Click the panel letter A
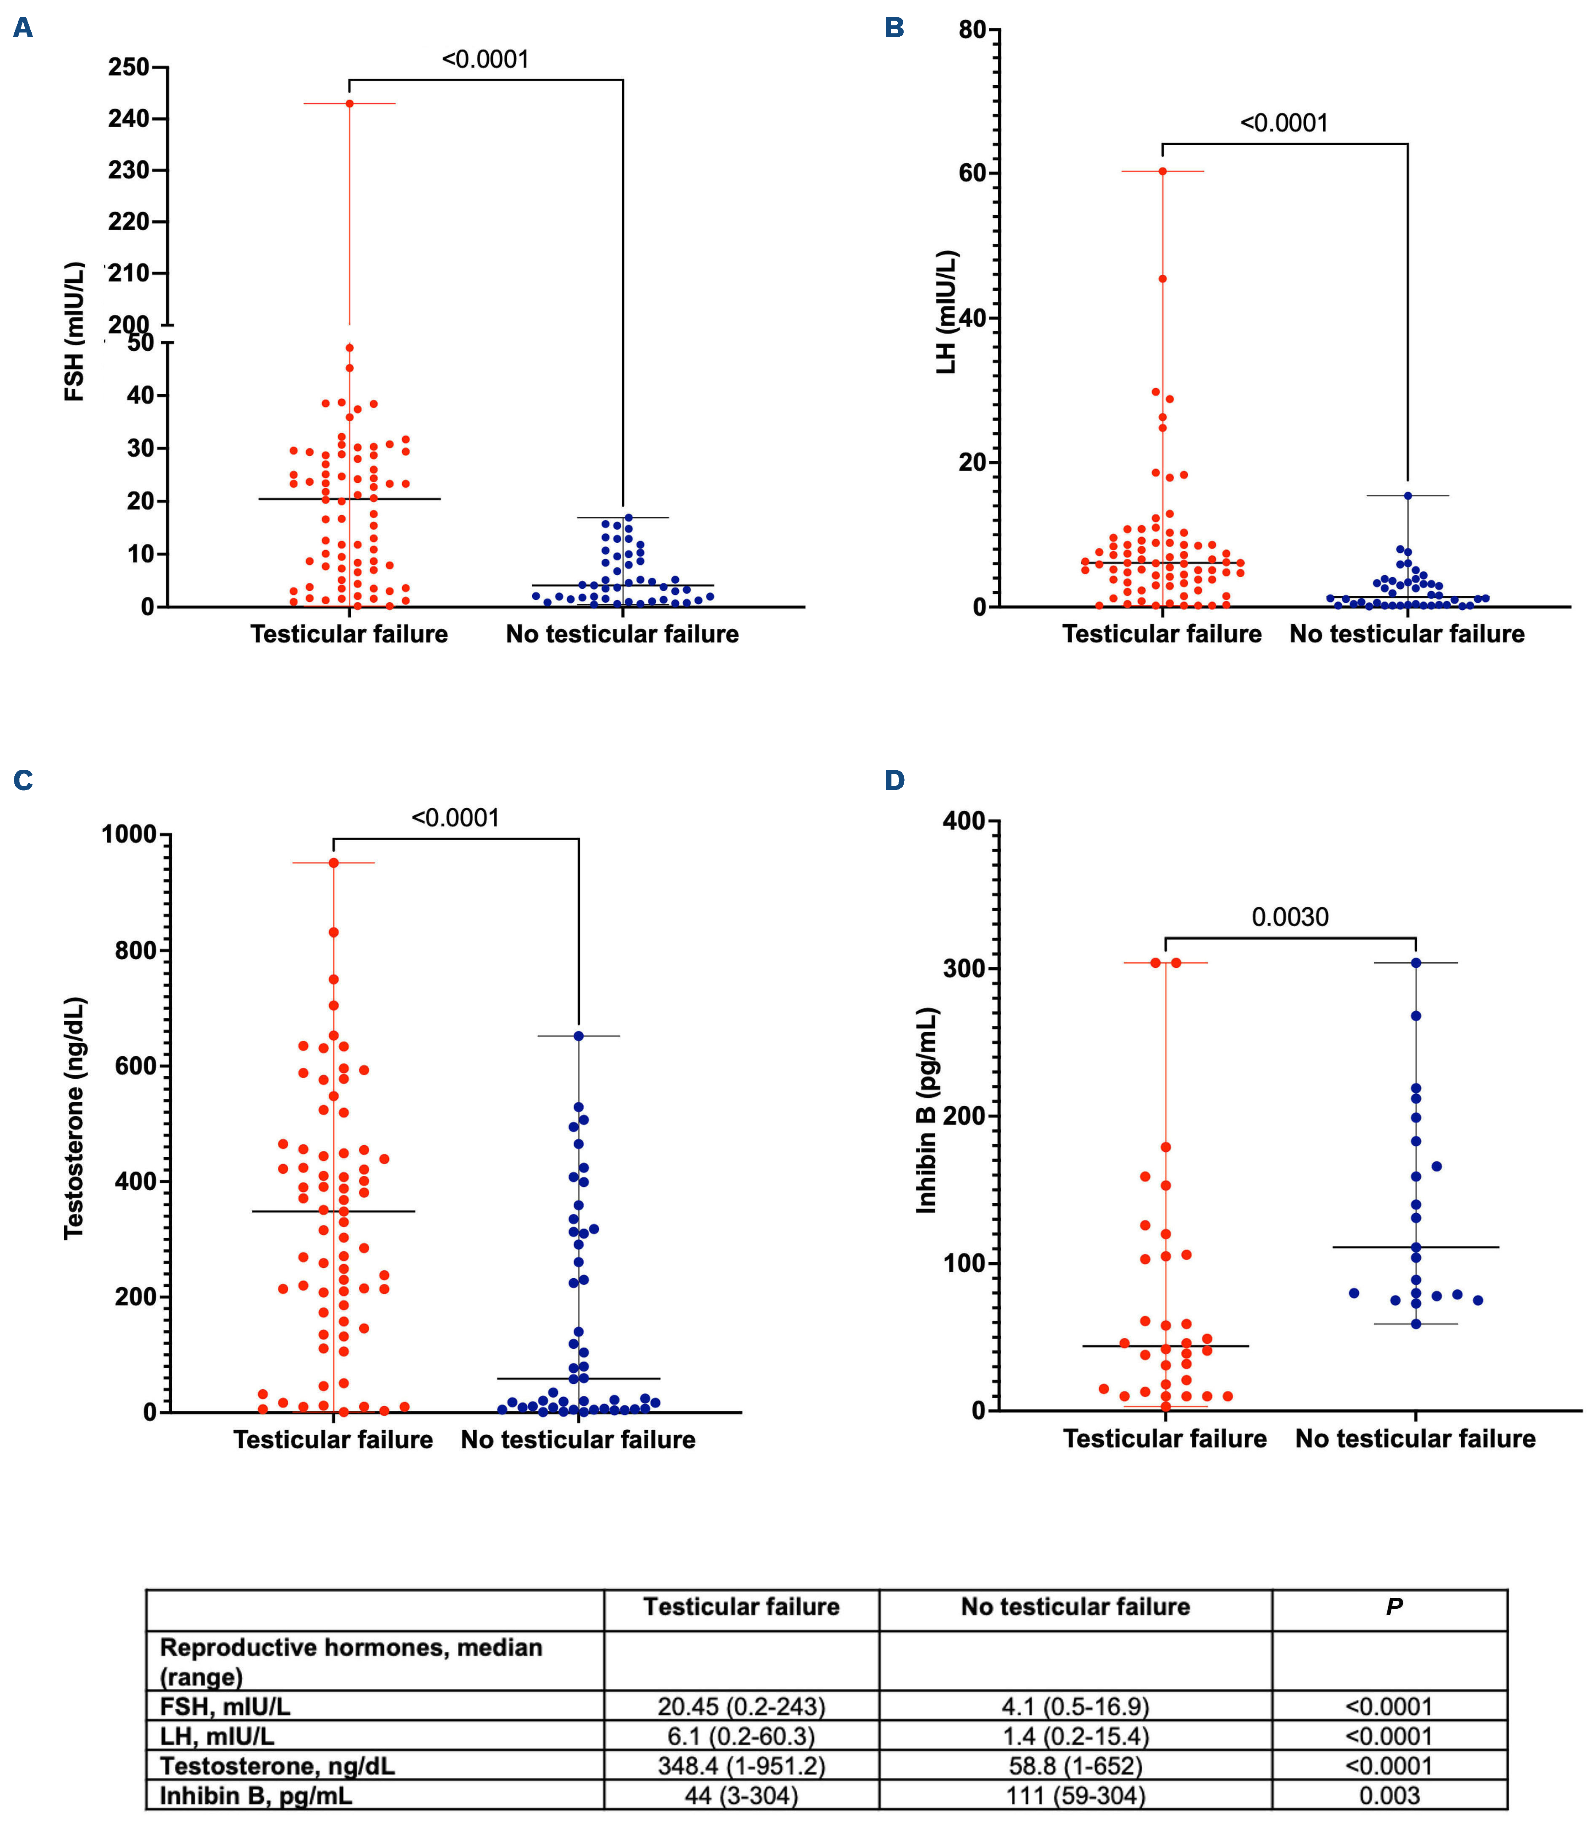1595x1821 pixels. pos(23,28)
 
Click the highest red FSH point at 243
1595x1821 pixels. pos(350,103)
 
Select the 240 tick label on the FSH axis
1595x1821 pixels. pos(128,118)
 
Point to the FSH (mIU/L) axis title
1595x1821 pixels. pos(75,331)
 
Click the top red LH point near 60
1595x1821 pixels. pos(1162,171)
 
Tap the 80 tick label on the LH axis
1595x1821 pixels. pos(973,30)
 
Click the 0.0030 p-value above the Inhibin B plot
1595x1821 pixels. pos(1290,917)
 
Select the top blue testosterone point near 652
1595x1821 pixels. pos(579,1036)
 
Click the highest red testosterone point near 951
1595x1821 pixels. pos(334,863)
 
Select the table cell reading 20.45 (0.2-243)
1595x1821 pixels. pos(742,1706)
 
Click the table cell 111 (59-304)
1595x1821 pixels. pos(1075,1795)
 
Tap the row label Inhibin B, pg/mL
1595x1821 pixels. pos(256,1795)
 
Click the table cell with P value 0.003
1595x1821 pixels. pos(1389,1795)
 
